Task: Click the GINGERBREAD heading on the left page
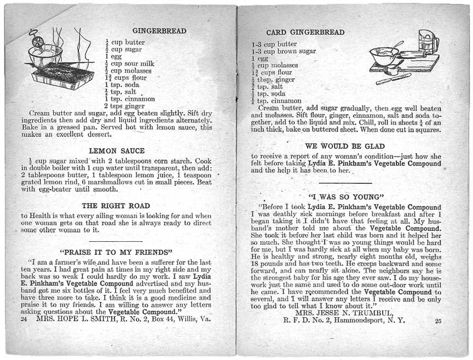click(152, 31)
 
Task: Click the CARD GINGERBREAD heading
click(305, 32)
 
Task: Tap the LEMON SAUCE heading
click(117, 150)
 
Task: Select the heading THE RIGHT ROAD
click(116, 206)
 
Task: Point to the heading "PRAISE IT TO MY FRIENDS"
click(116, 253)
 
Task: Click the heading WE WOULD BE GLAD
click(345, 147)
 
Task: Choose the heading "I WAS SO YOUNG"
click(345, 196)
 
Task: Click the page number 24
click(24, 318)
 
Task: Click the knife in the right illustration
click(393, 79)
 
